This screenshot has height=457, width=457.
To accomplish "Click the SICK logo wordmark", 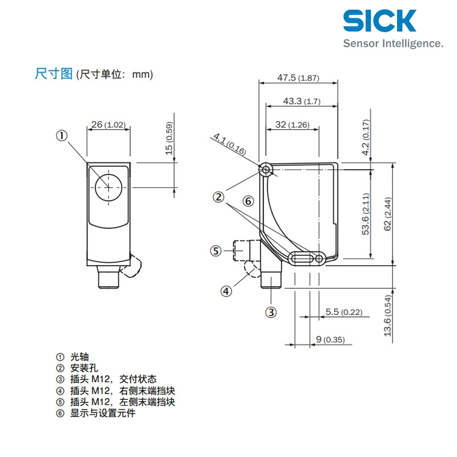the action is pyautogui.click(x=379, y=21).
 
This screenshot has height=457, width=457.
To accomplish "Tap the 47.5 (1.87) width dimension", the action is pyautogui.click(x=298, y=78).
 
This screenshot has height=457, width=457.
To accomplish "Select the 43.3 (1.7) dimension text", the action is pyautogui.click(x=302, y=101).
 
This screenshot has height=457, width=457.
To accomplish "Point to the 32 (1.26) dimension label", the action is pyautogui.click(x=292, y=125).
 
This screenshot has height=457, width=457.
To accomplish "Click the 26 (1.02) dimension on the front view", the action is pyautogui.click(x=109, y=125).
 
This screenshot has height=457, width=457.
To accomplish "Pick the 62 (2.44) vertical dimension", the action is pyautogui.click(x=387, y=214).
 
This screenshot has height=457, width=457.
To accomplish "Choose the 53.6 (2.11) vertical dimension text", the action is pyautogui.click(x=366, y=214).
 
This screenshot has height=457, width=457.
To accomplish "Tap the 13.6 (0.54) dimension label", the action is pyautogui.click(x=387, y=316).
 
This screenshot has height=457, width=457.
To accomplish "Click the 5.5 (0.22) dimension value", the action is pyautogui.click(x=344, y=312).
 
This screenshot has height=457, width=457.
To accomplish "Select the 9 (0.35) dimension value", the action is pyautogui.click(x=330, y=339).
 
